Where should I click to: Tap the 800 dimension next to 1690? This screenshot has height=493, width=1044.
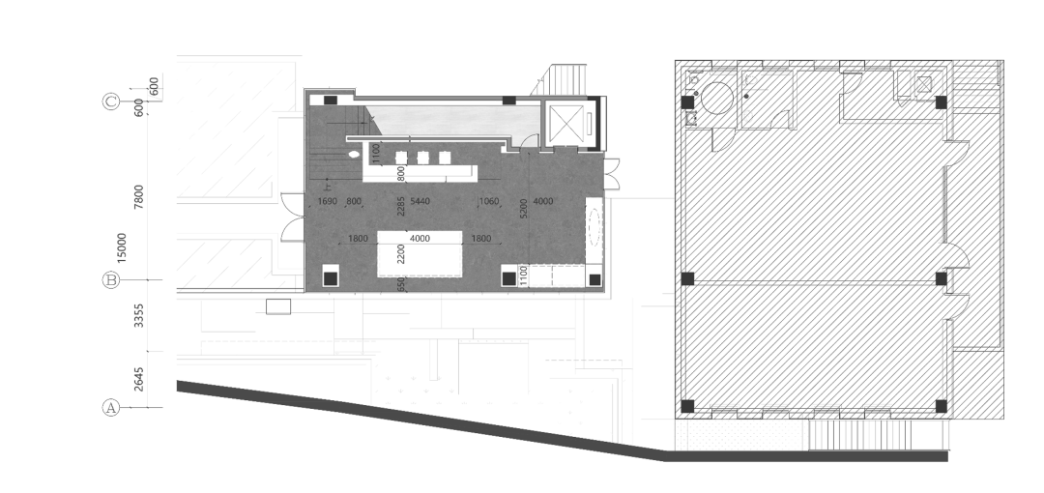click(353, 201)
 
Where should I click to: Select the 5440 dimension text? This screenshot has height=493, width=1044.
click(420, 201)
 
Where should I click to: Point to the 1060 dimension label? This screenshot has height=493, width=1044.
click(488, 201)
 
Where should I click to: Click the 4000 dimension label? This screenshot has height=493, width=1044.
click(543, 201)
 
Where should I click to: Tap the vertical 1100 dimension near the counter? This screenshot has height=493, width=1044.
click(375, 155)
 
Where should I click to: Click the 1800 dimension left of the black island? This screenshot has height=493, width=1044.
click(358, 239)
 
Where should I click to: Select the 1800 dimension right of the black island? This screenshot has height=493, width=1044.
click(481, 239)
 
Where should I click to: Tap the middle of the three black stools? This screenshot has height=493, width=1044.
click(422, 158)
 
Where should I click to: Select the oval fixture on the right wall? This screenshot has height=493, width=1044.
click(594, 233)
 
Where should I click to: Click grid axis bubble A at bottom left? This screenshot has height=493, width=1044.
click(110, 408)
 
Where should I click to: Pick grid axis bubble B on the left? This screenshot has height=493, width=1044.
click(110, 280)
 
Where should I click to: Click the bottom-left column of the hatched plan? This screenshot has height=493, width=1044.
click(686, 405)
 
